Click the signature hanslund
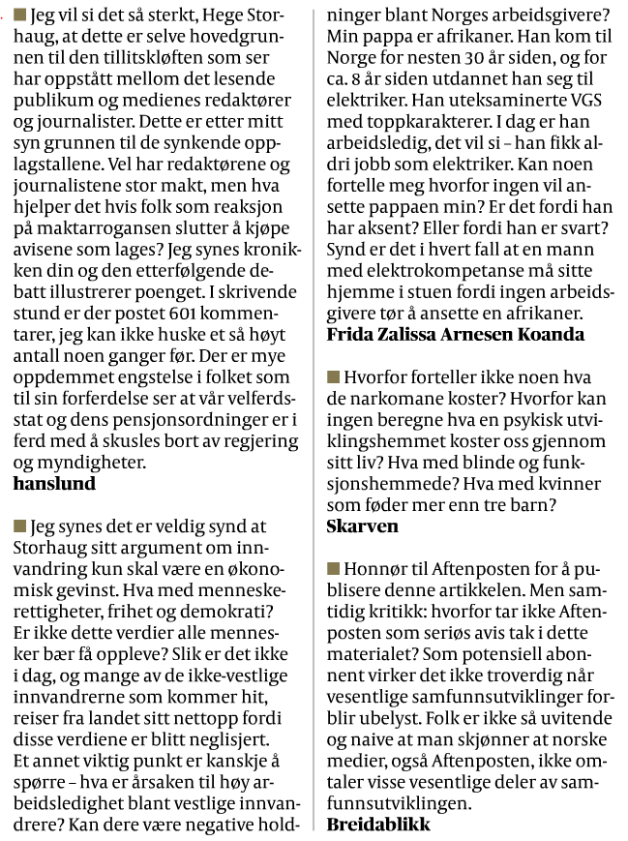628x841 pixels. click(x=55, y=483)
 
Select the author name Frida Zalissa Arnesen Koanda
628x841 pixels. click(x=456, y=334)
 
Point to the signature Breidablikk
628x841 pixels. click(x=378, y=825)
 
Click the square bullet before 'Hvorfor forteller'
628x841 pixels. click(x=335, y=376)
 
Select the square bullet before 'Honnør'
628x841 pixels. click(x=335, y=568)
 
